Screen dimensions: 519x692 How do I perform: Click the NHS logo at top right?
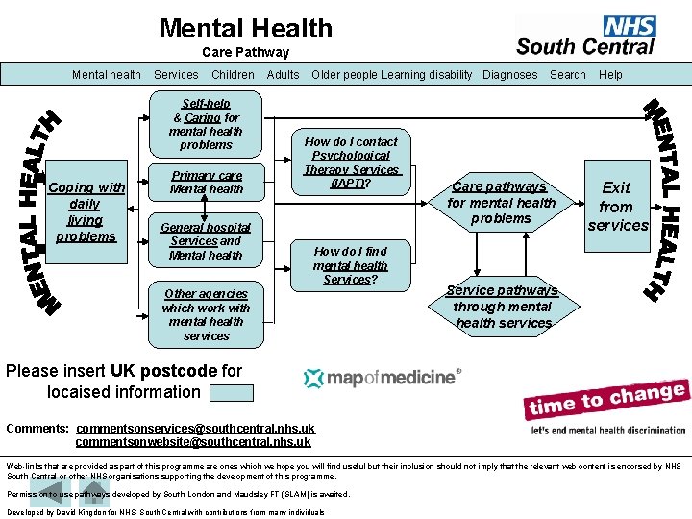coord(586,36)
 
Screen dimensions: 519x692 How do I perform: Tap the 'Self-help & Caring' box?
coord(206,124)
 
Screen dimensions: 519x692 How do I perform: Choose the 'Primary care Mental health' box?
coord(206,183)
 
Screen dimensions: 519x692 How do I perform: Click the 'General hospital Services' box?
coord(206,241)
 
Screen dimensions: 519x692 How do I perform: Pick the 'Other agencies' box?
coord(206,314)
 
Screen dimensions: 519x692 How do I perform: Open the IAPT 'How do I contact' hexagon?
coord(351,162)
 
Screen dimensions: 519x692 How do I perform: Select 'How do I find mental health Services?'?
coord(350,265)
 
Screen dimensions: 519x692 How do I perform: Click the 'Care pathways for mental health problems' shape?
coord(501,203)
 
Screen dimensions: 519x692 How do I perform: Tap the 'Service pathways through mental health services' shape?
coord(502,307)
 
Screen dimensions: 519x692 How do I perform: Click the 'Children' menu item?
coord(233,75)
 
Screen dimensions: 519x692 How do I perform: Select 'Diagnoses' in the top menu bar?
coord(509,75)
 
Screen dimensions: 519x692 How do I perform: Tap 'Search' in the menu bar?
coord(567,75)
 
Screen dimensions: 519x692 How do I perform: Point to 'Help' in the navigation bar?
coord(610,75)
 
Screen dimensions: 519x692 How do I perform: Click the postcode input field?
coord(231,392)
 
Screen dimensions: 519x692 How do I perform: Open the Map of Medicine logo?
coord(383,378)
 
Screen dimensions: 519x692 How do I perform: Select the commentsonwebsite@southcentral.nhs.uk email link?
coord(193,442)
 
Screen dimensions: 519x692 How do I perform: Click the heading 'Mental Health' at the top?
coord(246,29)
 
